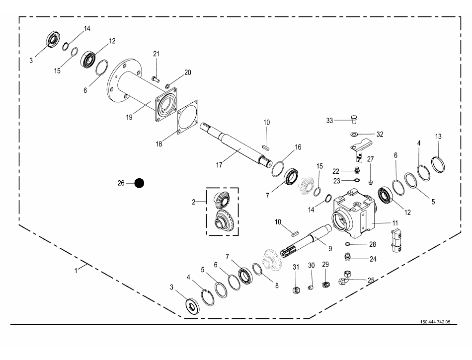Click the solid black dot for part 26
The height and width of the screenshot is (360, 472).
coord(139,183)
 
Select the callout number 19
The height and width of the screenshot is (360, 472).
coord(129,117)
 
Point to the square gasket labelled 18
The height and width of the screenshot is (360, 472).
coord(187,117)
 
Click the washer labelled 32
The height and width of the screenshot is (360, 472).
coord(354,133)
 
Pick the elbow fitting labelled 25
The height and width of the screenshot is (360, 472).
coord(345,277)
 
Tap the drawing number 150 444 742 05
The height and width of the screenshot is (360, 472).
coord(435,322)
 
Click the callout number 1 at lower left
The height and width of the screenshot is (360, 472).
coord(76,271)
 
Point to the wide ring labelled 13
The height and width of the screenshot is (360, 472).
coord(438,164)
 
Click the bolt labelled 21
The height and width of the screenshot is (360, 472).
coord(156,79)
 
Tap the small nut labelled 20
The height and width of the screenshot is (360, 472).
coord(168,86)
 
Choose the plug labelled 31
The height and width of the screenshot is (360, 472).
coord(297,290)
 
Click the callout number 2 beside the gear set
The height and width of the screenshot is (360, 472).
coord(194,202)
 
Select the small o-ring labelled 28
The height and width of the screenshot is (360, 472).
coord(348,244)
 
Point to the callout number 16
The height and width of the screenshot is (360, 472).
coord(298,147)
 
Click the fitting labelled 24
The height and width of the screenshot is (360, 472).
coord(348,257)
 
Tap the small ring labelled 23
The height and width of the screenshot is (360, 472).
coord(357,180)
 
